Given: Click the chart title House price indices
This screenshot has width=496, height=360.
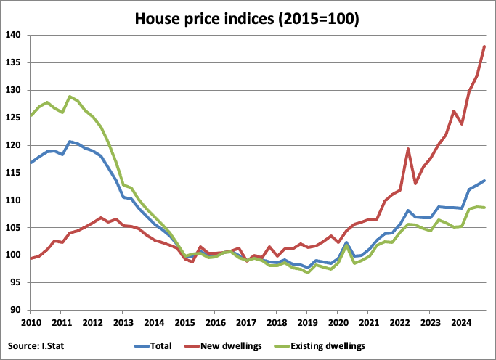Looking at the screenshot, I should (x=248, y=17).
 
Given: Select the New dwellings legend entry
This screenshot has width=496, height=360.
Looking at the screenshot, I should (x=229, y=346).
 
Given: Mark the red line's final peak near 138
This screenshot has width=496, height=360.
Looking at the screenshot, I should (x=484, y=46).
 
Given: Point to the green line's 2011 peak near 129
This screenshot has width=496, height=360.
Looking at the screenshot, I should (x=70, y=97).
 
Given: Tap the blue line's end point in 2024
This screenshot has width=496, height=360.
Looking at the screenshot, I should (x=484, y=181).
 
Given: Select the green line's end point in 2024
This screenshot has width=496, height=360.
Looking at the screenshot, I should (x=484, y=208).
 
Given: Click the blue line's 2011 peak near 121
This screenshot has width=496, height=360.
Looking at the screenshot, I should (x=70, y=142).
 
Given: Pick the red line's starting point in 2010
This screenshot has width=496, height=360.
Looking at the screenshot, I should (x=30, y=258).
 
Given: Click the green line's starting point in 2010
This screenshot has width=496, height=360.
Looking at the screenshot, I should (x=30, y=115).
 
